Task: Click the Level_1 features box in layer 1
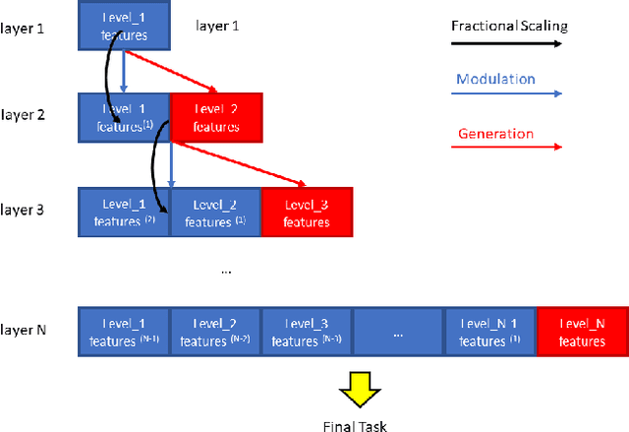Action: point(125,26)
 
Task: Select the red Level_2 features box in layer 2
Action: point(216,117)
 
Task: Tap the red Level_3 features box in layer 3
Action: point(306,212)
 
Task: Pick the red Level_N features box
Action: point(582,332)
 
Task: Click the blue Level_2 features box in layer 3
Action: point(215,212)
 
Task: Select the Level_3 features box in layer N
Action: point(307,332)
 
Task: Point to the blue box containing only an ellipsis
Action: point(398,332)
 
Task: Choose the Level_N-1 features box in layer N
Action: point(489,332)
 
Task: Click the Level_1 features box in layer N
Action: point(124,332)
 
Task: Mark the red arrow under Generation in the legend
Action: point(512,147)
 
